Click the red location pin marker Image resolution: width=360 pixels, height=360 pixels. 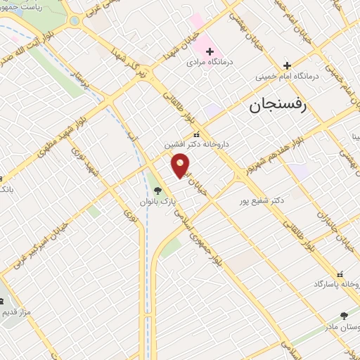(181, 165)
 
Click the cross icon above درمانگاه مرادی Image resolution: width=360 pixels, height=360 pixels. (210, 51)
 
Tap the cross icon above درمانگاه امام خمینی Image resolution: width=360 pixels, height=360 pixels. (287, 65)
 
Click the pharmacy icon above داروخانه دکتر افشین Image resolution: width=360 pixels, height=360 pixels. (196, 134)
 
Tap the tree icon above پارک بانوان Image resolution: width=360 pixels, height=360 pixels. (157, 189)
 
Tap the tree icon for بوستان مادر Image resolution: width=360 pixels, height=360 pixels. (344, 316)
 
